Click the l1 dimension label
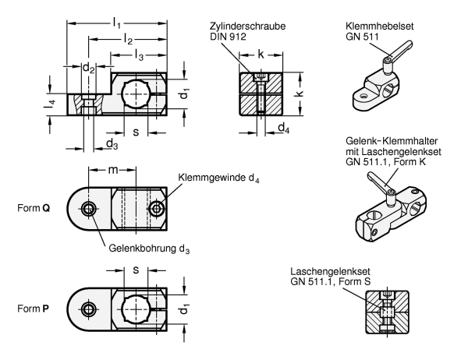pos(116,23)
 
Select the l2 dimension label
pos(128,39)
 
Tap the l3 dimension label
pos(139,55)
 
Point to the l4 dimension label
pos(49,104)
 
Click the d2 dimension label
pos(89,68)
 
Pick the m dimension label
pos(113,170)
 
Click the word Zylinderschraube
pos(248,26)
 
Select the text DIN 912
pos(228,37)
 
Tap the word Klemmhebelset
pos(380,26)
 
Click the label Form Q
pos(34,208)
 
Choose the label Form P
pos(33,309)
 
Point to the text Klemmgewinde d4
pos(218,178)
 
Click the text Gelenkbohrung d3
pos(149,249)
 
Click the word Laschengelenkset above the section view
pos(331,271)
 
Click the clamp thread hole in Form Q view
pos(157,208)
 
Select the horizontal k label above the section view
pos(261,54)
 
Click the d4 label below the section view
pos(283,128)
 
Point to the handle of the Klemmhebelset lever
pos(402,48)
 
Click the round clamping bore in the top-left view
pos(136,94)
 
